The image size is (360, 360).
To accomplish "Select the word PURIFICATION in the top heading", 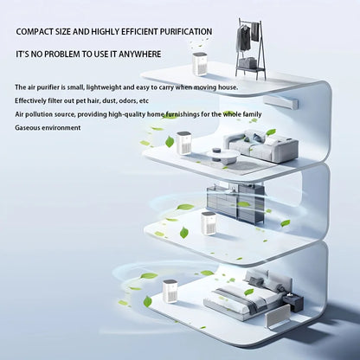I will [178, 31].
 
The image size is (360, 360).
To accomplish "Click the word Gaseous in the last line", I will [29, 127].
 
